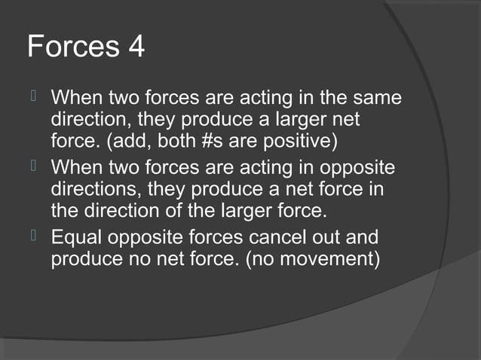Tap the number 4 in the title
coord(133,47)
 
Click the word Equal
coord(77,239)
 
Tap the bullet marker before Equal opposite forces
coord(33,239)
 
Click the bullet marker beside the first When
coord(33,99)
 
